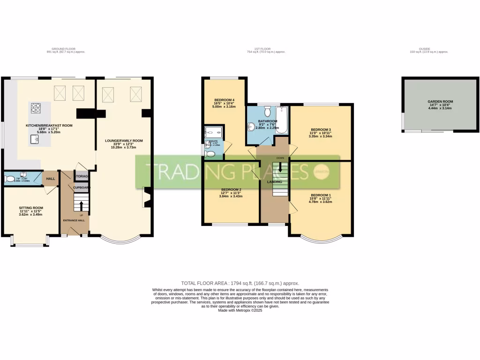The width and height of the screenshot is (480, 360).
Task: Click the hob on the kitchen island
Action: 36,109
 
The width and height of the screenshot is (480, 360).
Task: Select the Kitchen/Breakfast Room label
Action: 49,126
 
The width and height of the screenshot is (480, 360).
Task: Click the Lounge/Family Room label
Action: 123,141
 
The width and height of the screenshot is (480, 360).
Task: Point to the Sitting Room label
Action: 31,208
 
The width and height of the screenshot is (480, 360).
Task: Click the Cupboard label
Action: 81,187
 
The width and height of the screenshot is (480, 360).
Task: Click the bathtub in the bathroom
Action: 281,120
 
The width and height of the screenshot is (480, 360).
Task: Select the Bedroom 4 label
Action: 224,100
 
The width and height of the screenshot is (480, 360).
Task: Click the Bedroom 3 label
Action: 321,130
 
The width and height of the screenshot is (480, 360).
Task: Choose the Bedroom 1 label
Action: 321,195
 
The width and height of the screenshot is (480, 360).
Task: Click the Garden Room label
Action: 440,101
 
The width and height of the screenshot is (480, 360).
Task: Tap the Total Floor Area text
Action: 240,283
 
